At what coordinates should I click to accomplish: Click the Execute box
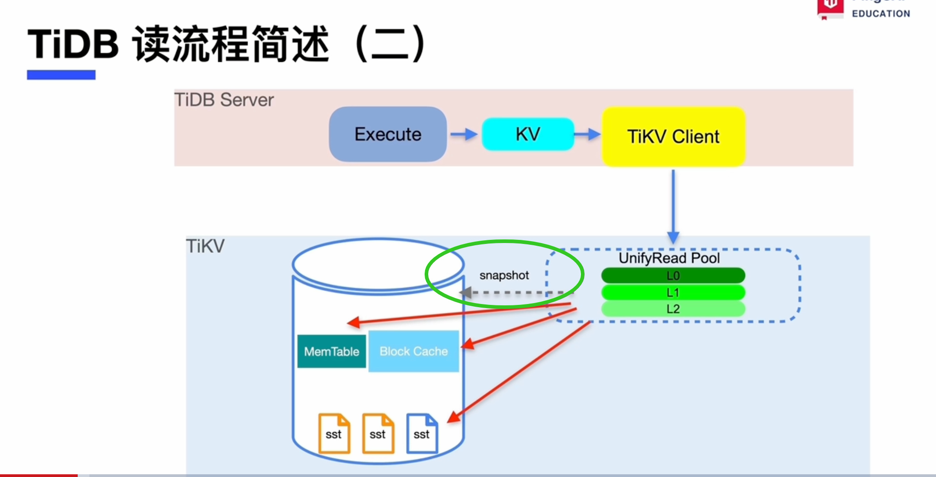(x=388, y=134)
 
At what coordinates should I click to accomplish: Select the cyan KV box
(x=528, y=134)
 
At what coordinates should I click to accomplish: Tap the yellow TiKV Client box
(x=673, y=136)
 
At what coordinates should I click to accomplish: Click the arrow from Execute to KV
(x=464, y=134)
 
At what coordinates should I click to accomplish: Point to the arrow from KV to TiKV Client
(x=588, y=134)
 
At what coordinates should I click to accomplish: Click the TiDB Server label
(x=224, y=100)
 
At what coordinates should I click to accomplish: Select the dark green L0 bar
(x=673, y=276)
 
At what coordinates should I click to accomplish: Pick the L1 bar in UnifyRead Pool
(x=673, y=292)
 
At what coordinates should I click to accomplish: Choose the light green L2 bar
(x=673, y=309)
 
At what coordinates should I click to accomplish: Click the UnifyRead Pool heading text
(x=669, y=258)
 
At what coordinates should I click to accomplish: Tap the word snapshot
(x=504, y=275)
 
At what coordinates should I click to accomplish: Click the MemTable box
(x=332, y=351)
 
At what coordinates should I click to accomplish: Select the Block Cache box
(x=414, y=351)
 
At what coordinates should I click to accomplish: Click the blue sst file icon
(x=422, y=433)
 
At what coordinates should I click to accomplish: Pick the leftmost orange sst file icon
(x=334, y=433)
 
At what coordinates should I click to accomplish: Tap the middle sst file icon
(x=378, y=433)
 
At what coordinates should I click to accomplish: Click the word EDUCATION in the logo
(x=881, y=14)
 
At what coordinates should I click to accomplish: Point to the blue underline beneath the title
(x=61, y=75)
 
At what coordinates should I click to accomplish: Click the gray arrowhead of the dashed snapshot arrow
(x=466, y=293)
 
